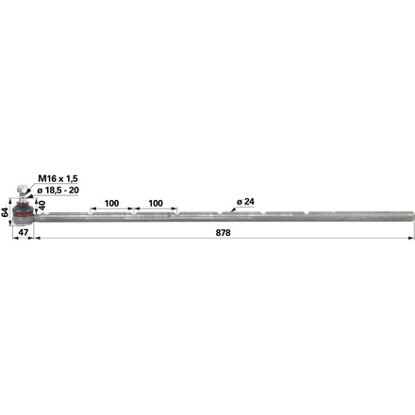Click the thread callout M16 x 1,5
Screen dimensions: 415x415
pos(58,178)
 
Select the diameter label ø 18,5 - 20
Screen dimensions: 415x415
pos(58,191)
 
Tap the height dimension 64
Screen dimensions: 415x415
pos(5,212)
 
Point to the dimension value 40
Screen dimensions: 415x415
pos(42,205)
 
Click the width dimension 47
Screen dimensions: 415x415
pos(24,232)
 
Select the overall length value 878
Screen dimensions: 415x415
pos(223,233)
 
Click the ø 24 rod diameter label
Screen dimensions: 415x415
pos(245,202)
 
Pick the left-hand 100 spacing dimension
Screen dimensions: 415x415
pos(111,203)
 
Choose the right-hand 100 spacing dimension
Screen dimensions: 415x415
pos(156,203)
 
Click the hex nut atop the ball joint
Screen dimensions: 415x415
pos(21,189)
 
